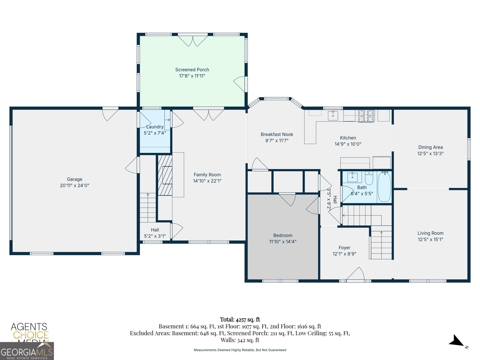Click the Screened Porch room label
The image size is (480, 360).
pos(192,70)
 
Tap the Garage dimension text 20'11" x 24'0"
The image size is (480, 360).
pos(75,185)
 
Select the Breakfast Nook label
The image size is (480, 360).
pos(277,134)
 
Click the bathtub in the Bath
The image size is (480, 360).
pos(384,187)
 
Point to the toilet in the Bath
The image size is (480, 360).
pos(369,178)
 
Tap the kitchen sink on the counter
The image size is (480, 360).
pos(333,115)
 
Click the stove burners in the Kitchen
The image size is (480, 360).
pos(366,116)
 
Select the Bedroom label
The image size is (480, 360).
pos(283,235)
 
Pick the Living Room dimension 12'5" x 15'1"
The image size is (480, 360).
pos(430,239)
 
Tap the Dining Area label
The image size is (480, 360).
pos(430,147)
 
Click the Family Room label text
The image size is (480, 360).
pos(207,175)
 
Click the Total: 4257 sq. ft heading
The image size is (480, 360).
pos(240,319)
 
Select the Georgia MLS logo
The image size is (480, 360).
pos(27,351)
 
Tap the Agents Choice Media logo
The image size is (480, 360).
pos(29,332)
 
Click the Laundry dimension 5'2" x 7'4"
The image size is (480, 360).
pos(155,133)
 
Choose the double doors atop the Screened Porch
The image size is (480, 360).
pos(193,41)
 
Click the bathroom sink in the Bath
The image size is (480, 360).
pos(352,177)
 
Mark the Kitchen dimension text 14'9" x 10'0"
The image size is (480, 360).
pos(348,144)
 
